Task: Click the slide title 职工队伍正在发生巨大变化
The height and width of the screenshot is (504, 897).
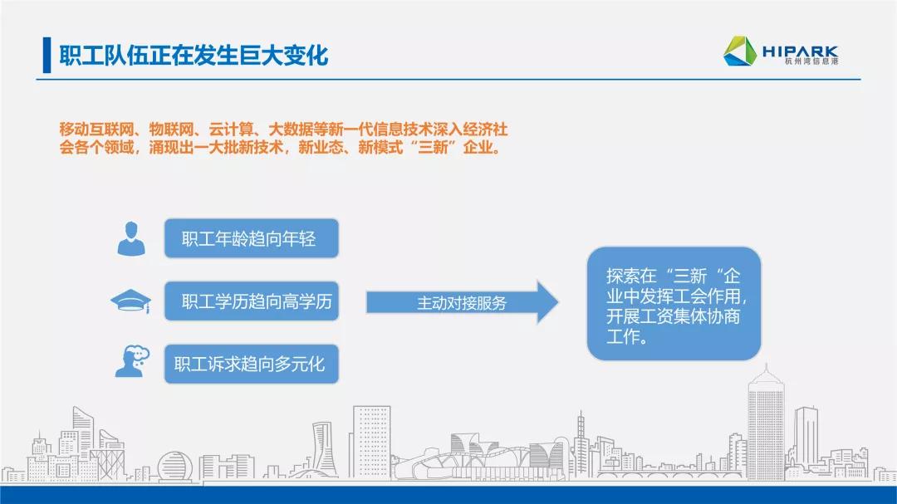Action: tap(194, 56)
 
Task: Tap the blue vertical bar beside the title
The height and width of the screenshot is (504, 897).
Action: tap(47, 55)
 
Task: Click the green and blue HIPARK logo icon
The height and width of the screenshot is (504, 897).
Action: tap(740, 51)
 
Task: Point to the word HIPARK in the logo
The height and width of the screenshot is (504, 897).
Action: tap(800, 51)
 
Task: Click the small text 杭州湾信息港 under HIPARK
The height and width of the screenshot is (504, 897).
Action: tap(811, 61)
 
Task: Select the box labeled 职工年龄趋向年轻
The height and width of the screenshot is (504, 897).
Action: tap(251, 238)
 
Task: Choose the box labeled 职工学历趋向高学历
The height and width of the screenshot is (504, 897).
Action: tap(251, 301)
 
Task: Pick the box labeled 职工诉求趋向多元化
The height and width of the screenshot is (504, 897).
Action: tap(251, 364)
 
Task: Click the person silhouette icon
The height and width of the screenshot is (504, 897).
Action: tap(131, 238)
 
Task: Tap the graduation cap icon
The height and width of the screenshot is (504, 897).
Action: tap(131, 301)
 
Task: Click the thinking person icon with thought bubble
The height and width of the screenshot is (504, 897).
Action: tap(132, 361)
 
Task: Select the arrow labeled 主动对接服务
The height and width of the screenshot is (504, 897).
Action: tap(463, 302)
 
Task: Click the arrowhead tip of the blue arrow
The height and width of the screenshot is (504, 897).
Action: tap(558, 302)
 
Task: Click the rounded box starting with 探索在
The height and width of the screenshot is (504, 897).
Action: tap(674, 304)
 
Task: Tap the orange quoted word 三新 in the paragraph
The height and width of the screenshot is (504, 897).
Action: tap(433, 148)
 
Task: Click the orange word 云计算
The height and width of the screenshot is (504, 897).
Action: tap(231, 130)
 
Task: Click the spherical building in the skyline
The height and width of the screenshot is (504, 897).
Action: tap(175, 467)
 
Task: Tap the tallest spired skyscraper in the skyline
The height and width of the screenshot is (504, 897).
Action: tap(766, 423)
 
